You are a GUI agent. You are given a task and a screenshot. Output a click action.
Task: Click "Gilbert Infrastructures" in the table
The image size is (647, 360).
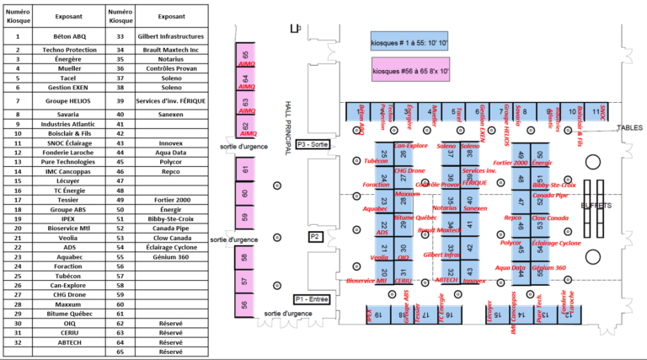tap(171, 37)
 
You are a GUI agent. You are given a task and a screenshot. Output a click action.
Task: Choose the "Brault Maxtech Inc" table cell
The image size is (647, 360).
tap(171, 49)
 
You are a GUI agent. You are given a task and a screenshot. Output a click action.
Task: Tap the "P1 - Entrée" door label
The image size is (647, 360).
tap(312, 299)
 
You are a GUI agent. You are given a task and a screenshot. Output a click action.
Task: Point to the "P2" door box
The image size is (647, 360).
tap(315, 237)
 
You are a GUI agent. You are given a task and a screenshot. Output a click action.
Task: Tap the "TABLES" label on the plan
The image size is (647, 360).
tap(629, 128)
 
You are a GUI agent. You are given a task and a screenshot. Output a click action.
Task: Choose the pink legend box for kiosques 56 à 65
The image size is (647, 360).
tap(409, 72)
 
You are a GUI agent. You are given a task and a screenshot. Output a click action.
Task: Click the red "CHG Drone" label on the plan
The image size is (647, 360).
tap(409, 170)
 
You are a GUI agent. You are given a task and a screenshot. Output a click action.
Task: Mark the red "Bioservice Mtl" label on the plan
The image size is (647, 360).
tap(366, 281)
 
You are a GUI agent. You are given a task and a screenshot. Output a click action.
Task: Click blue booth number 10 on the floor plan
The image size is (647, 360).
tap(573, 111)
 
